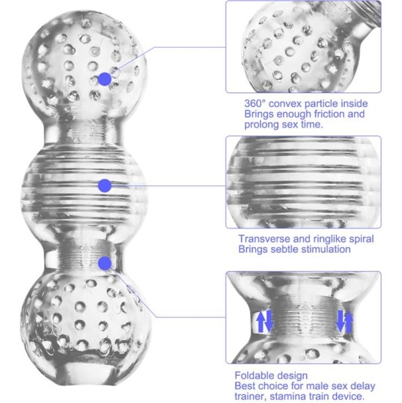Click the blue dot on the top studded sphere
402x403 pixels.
pos(105,78)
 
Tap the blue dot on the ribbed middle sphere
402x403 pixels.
pos(105,185)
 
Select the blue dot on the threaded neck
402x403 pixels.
pos(105,262)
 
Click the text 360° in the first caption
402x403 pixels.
pos(257,104)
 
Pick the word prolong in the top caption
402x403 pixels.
pos(261,125)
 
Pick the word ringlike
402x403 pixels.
pos(329,238)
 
